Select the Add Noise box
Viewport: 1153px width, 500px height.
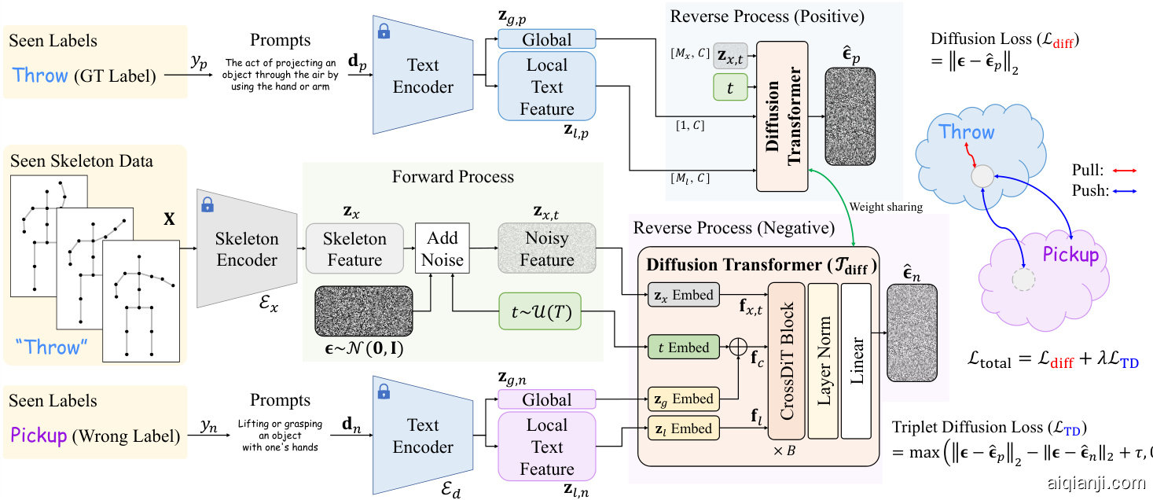(x=442, y=248)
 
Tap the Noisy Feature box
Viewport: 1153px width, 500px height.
(x=546, y=248)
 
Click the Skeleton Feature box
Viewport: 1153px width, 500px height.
(x=354, y=248)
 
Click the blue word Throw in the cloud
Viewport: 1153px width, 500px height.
(x=967, y=132)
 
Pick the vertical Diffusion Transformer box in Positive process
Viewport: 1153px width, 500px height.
(x=782, y=116)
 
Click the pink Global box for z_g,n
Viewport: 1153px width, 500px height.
(x=546, y=399)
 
